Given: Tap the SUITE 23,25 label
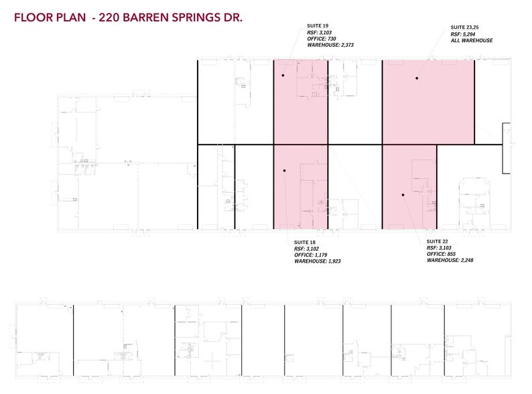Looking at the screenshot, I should pyautogui.click(x=464, y=28).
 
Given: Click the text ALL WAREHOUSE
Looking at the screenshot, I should pyautogui.click(x=472, y=41).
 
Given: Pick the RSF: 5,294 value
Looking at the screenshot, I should pyautogui.click(x=464, y=34).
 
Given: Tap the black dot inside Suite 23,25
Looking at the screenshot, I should pyautogui.click(x=417, y=78).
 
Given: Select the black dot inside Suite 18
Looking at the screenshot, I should pyautogui.click(x=285, y=171).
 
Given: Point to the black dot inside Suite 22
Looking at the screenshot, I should pyautogui.click(x=403, y=195).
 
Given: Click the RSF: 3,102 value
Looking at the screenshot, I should pyautogui.click(x=306, y=248).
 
